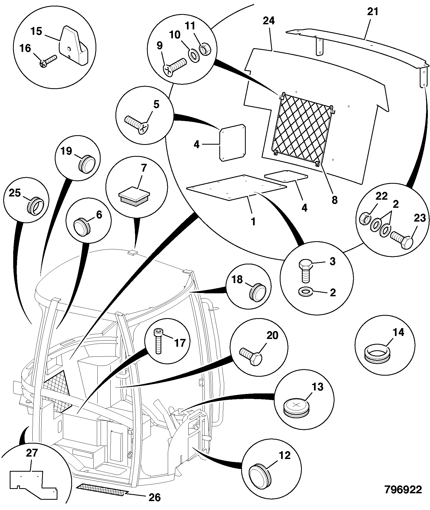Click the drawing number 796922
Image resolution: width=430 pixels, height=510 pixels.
pyautogui.click(x=403, y=489)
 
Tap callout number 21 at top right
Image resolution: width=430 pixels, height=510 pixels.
pyautogui.click(x=373, y=12)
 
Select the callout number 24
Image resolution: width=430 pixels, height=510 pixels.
pyautogui.click(x=269, y=21)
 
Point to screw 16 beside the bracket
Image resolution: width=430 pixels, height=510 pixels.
pyautogui.click(x=48, y=61)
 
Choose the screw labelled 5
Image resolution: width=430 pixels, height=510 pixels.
pyautogui.click(x=136, y=124)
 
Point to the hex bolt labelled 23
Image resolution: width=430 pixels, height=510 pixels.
pyautogui.click(x=402, y=238)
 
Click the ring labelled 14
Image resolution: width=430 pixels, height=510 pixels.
pyautogui.click(x=377, y=354)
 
